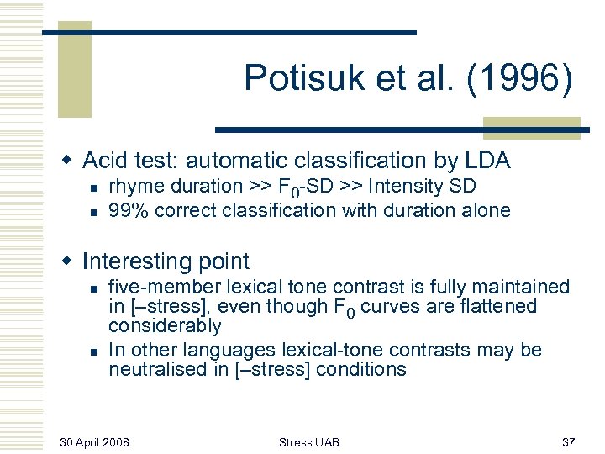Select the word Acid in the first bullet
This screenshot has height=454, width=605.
pyautogui.click(x=105, y=160)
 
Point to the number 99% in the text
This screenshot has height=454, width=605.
pyautogui.click(x=128, y=210)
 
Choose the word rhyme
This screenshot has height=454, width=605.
pyautogui.click(x=133, y=187)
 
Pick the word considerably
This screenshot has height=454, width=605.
pyautogui.click(x=165, y=326)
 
